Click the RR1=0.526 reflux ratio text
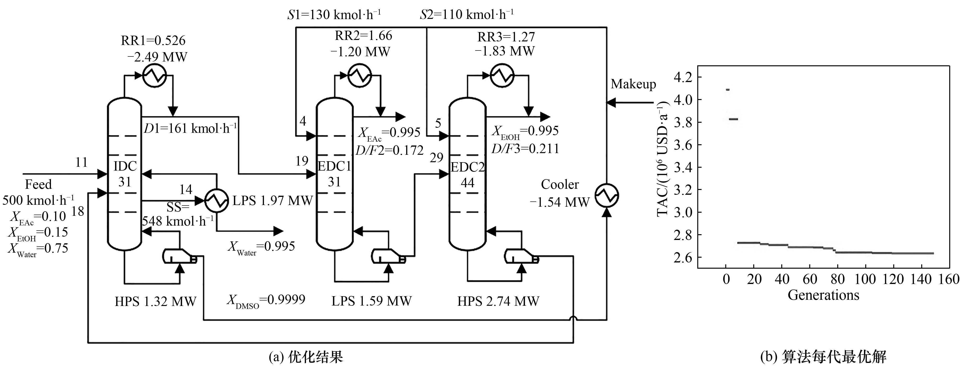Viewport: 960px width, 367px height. (153, 40)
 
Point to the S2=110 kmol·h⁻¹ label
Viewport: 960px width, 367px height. (467, 15)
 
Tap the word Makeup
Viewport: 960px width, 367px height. (633, 84)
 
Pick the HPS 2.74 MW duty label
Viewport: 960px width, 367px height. (498, 301)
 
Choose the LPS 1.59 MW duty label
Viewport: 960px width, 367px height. (372, 301)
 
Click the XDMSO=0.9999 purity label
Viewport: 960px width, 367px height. (266, 300)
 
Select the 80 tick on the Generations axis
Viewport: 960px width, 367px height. (837, 279)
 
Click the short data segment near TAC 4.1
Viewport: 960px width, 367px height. (727, 90)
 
